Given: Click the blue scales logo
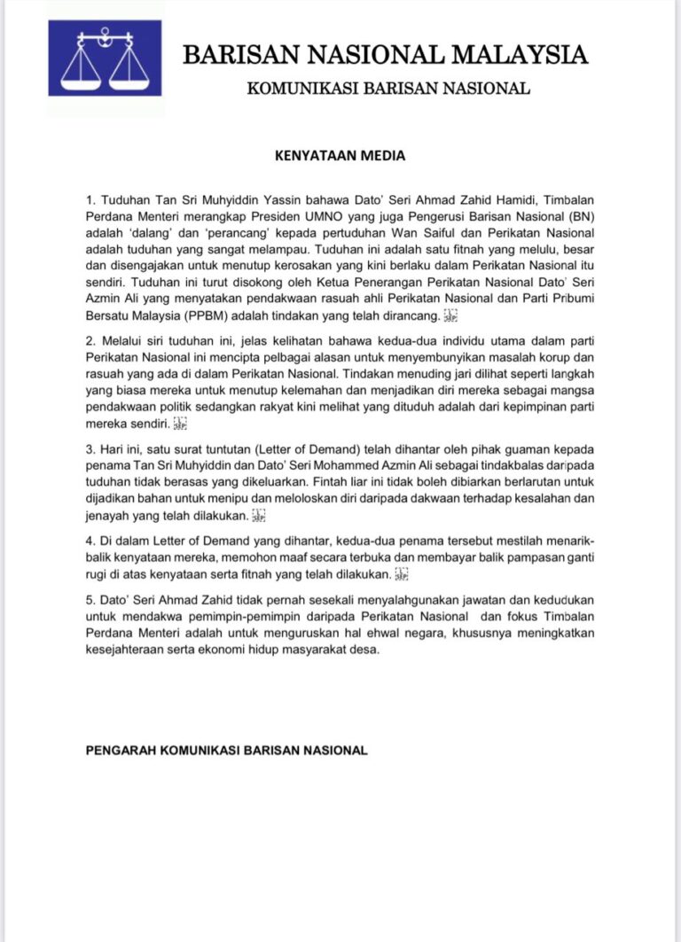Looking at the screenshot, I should (x=106, y=59).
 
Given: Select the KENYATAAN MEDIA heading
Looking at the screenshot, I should (x=340, y=156).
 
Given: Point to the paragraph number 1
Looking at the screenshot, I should (x=89, y=200).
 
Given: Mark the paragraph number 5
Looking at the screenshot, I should (x=89, y=599).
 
